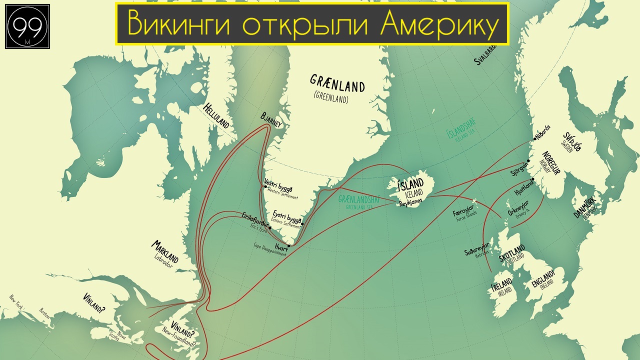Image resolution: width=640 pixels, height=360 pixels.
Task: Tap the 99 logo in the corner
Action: coord(27,27)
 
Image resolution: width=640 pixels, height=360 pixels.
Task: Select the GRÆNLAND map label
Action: coord(337,83)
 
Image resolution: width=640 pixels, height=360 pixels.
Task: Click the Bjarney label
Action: coord(271,120)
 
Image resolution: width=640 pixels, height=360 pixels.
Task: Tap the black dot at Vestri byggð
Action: coord(265,187)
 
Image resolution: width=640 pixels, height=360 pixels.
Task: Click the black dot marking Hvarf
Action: coord(289,245)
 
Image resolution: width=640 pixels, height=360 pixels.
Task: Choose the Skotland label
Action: coord(511,253)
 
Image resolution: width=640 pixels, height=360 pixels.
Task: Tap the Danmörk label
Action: coord(584,208)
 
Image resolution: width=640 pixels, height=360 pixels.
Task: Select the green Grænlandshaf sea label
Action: coord(359,199)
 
